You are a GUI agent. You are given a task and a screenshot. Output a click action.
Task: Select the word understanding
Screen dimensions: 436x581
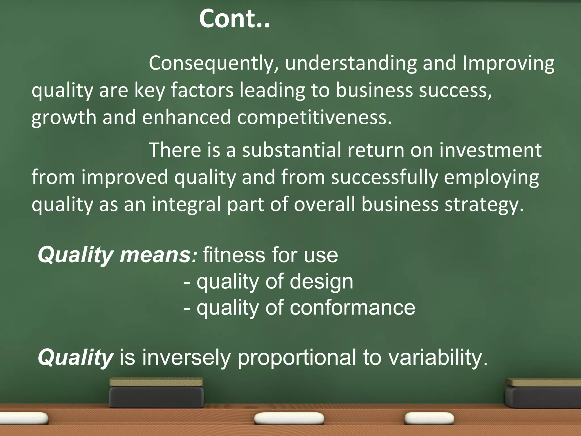pos(351,63)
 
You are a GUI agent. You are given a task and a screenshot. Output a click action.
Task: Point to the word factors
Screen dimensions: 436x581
pos(202,90)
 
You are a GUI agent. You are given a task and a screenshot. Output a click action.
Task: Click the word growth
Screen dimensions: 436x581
pos(64,118)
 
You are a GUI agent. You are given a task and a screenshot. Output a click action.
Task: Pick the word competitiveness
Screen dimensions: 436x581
pos(314,118)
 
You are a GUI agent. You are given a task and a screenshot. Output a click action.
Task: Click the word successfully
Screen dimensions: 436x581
pos(384,178)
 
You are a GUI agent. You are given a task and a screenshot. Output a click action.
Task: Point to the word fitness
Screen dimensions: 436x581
pos(234,255)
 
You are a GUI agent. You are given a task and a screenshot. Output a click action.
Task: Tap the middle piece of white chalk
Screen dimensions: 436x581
pos(289,418)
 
